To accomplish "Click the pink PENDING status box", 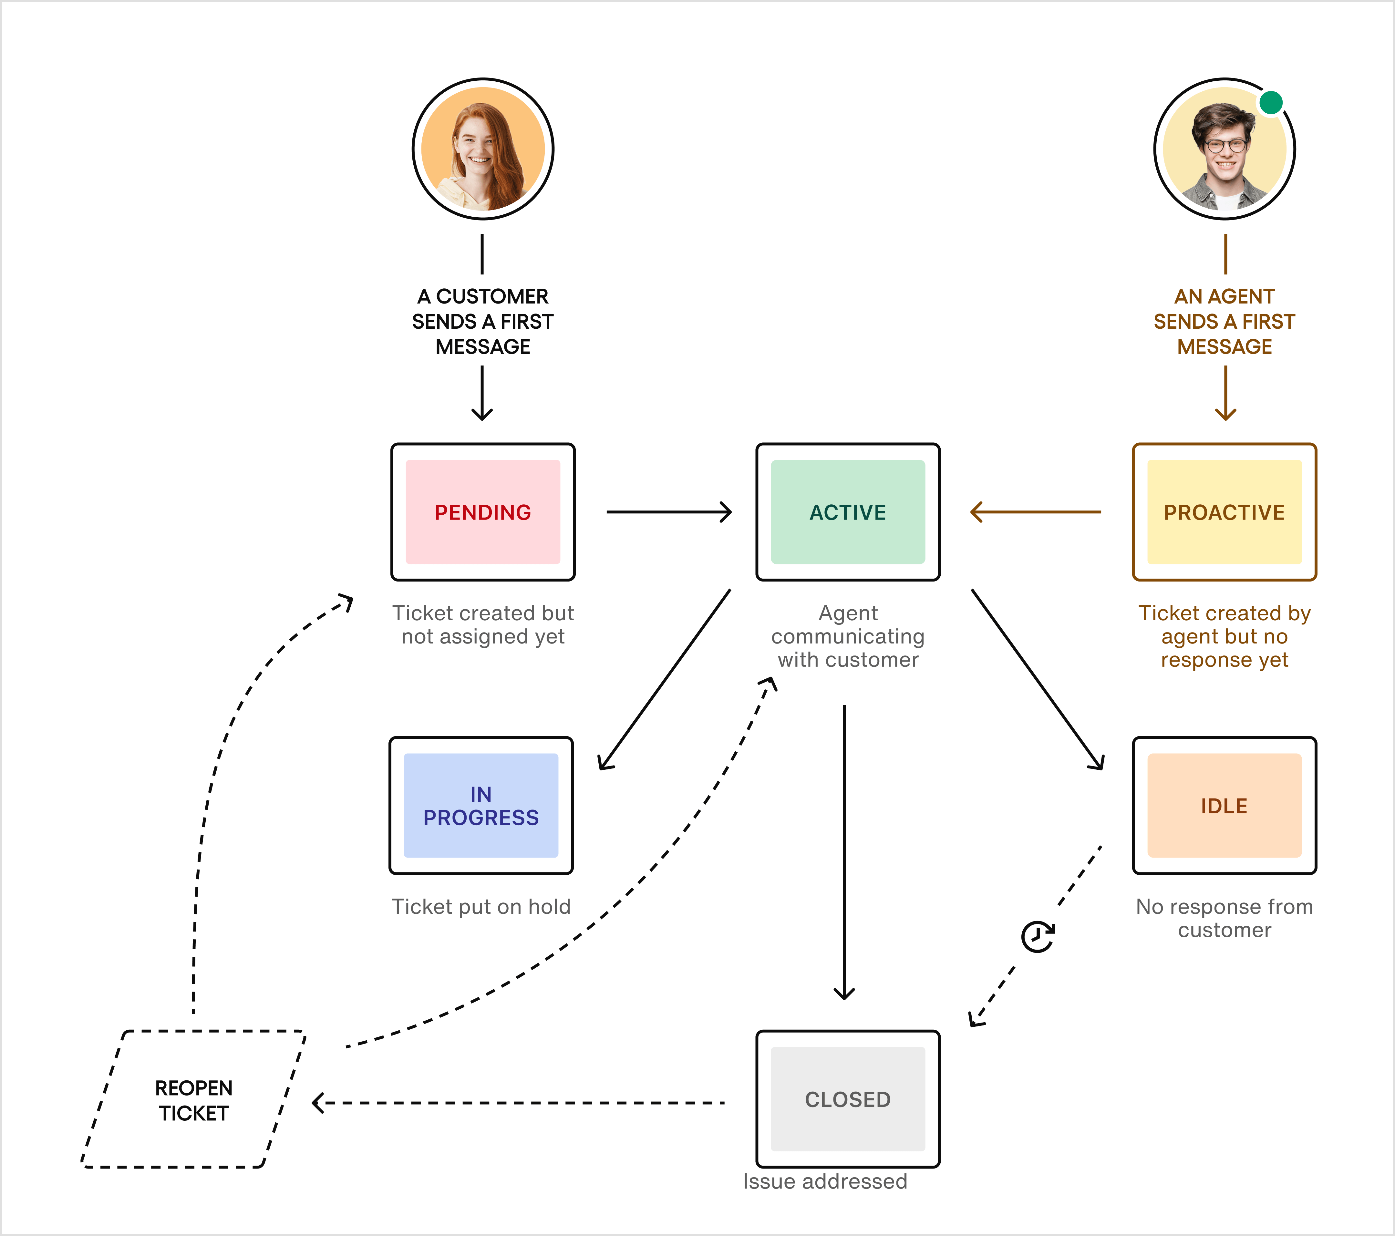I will [x=482, y=512].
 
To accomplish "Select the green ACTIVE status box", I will [x=848, y=512].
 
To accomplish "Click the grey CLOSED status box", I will [x=848, y=1099].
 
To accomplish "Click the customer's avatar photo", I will [x=482, y=149].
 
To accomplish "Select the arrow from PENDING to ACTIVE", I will [x=669, y=512].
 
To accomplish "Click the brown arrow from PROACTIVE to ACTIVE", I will [x=1035, y=512].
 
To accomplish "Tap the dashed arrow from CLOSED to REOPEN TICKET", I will [x=519, y=1103].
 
